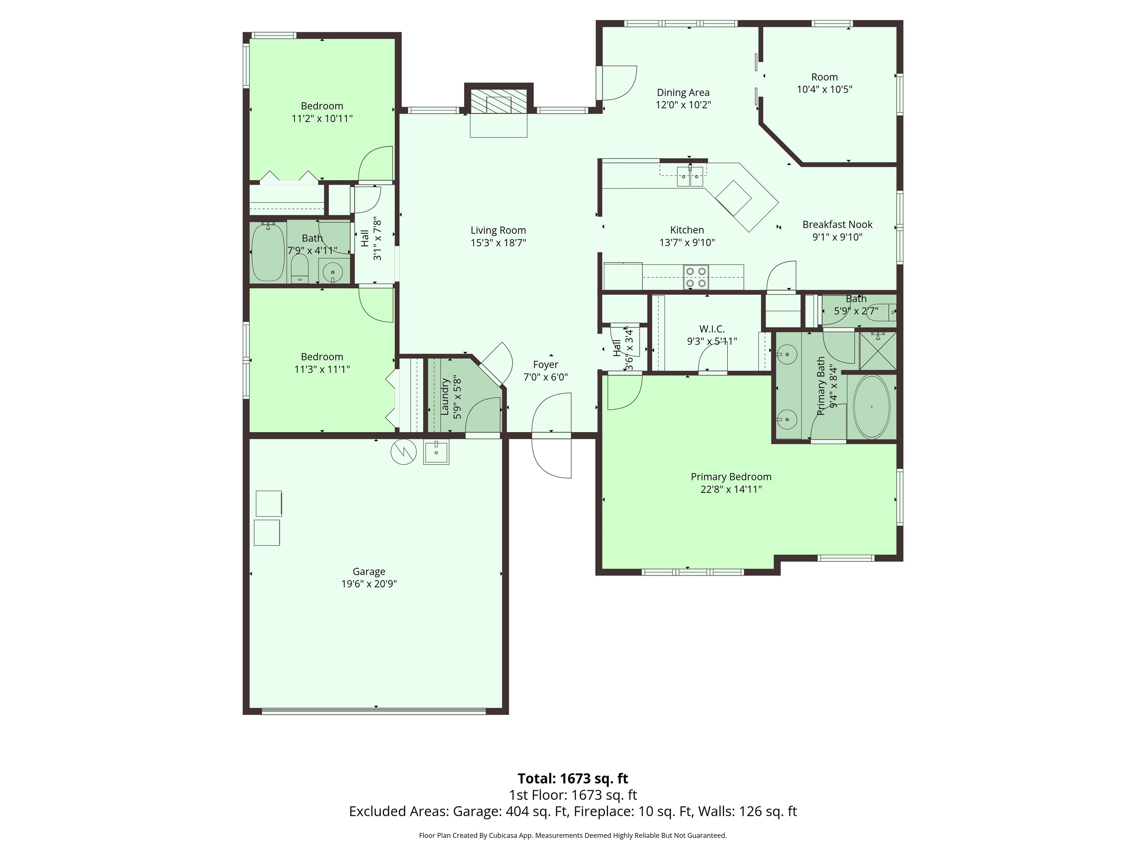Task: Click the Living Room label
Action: click(498, 230)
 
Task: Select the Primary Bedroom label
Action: click(731, 477)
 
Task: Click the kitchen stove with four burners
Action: click(696, 277)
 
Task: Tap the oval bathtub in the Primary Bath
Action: click(871, 407)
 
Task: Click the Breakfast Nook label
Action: click(837, 225)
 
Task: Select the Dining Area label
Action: click(683, 93)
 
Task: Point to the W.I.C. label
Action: click(712, 329)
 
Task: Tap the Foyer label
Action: click(545, 365)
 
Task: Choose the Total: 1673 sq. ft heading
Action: click(573, 778)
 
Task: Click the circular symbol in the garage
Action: click(404, 451)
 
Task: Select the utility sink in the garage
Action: click(436, 451)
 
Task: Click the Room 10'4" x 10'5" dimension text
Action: click(824, 89)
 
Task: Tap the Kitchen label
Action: click(687, 230)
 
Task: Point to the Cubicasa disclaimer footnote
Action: click(573, 835)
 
